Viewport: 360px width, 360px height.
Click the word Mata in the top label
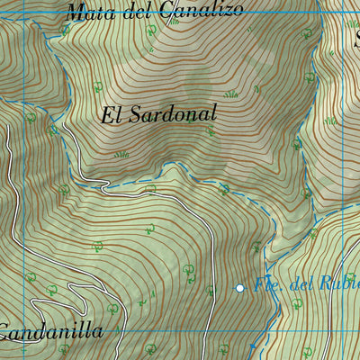pyautogui.click(x=87, y=13)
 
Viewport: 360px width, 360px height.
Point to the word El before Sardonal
pyautogui.click(x=111, y=115)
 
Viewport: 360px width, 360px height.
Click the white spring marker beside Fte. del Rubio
pyautogui.click(x=240, y=288)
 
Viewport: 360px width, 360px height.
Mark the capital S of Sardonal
pyautogui.click(x=135, y=115)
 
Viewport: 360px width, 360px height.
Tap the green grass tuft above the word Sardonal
pyautogui.click(x=231, y=93)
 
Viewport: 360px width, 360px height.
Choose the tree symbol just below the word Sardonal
pyautogui.click(x=210, y=131)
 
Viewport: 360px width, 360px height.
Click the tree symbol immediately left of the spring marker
pyautogui.click(x=210, y=290)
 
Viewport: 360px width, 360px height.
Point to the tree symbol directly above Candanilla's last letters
pyautogui.click(x=112, y=308)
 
